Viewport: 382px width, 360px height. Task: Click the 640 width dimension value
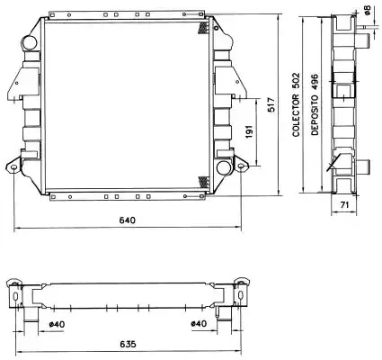click(128, 220)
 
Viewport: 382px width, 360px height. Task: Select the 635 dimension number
click(128, 344)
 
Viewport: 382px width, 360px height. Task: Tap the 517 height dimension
click(271, 104)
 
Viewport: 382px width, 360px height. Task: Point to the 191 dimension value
click(249, 131)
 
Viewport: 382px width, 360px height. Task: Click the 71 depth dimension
click(345, 205)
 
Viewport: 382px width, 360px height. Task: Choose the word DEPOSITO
click(315, 115)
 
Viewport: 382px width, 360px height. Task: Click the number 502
click(296, 80)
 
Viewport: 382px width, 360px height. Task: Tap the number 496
click(315, 82)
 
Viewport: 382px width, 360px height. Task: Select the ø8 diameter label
click(368, 10)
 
